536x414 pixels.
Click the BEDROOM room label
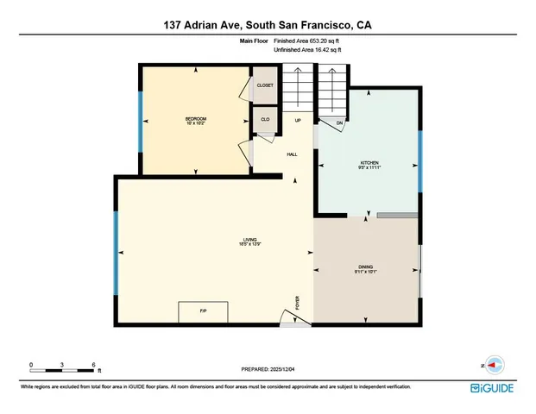(x=196, y=118)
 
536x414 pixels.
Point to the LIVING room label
(x=251, y=241)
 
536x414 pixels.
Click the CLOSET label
(x=264, y=85)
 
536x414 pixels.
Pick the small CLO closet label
(x=264, y=119)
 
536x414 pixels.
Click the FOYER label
(x=298, y=303)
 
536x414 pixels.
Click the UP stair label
(x=298, y=120)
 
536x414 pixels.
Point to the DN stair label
(x=339, y=122)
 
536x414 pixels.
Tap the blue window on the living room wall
(x=115, y=252)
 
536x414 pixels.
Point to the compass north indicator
(x=494, y=365)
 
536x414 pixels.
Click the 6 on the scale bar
(x=93, y=364)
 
